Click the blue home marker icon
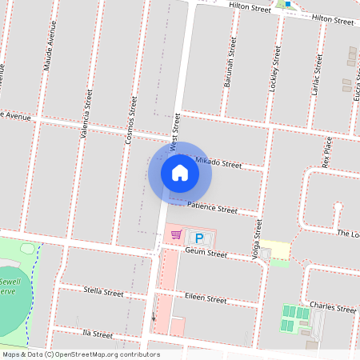tap(180, 172)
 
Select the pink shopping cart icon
tap(177, 235)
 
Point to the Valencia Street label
tap(87, 114)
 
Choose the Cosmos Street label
tap(132, 121)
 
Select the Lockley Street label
tap(276, 67)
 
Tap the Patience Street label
tap(212, 208)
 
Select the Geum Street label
tap(206, 252)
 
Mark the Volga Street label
tap(258, 241)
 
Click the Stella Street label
tap(103, 293)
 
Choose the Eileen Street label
tap(206, 298)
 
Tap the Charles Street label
tap(332, 308)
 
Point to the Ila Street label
tap(97, 334)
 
